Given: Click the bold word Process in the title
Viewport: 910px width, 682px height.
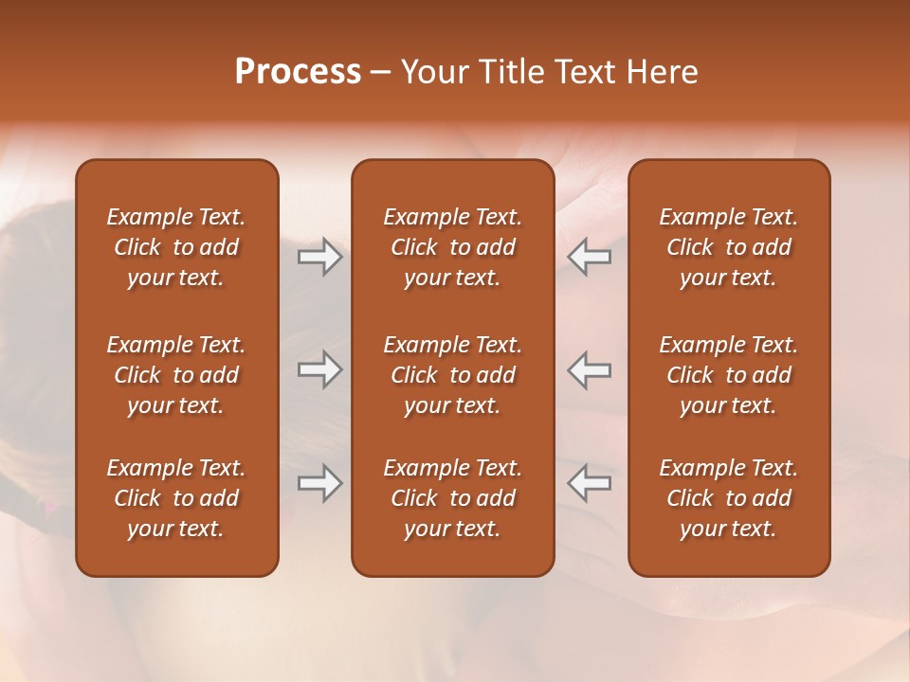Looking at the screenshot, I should click(298, 72).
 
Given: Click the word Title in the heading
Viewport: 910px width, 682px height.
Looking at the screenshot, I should click(513, 72).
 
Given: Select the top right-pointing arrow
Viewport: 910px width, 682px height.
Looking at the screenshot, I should click(320, 257).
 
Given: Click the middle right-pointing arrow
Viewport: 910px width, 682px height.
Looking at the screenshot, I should click(320, 369).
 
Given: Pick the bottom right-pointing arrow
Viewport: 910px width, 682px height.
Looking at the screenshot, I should click(320, 483).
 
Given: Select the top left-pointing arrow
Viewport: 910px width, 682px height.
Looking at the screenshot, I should click(589, 257).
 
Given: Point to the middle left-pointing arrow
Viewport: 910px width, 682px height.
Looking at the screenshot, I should click(589, 369).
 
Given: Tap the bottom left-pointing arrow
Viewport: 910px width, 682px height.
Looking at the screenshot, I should click(589, 483).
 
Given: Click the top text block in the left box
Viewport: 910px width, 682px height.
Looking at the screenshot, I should click(176, 247).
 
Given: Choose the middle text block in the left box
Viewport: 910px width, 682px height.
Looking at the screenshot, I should click(176, 375).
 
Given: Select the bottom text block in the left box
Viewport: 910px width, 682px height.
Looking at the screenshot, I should click(176, 498).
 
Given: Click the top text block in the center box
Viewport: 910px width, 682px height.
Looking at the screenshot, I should click(452, 247).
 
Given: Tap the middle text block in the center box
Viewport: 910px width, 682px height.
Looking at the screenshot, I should click(452, 375).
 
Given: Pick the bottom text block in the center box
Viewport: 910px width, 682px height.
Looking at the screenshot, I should click(452, 498).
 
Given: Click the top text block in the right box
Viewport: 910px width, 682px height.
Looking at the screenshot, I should click(728, 247).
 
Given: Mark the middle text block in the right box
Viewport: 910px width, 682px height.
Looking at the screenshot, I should click(728, 375).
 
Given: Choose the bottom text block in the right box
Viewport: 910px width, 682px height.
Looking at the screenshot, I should click(728, 498).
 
